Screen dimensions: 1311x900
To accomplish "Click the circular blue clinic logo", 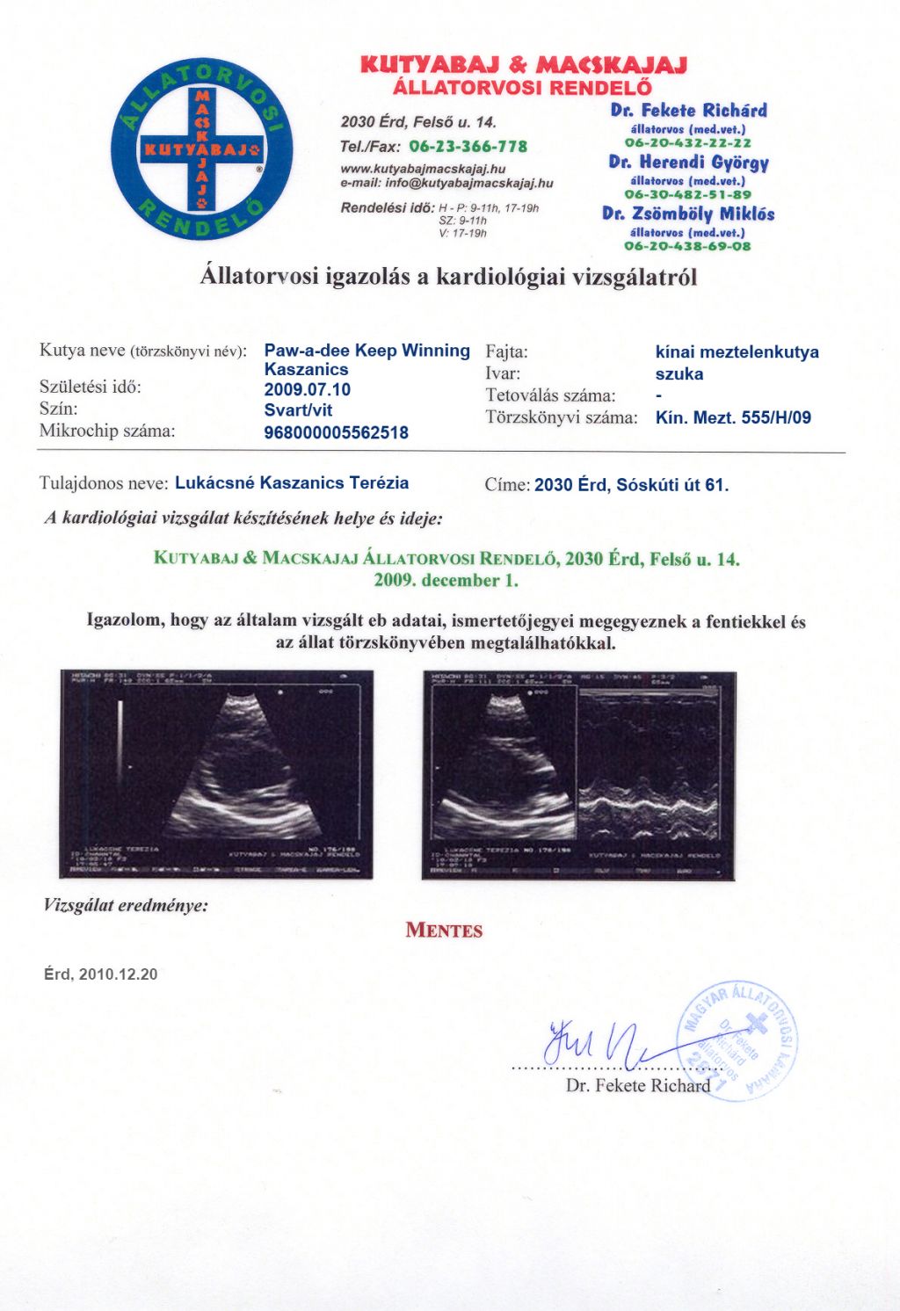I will point(201,150).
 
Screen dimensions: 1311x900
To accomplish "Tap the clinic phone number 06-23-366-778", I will point(468,146).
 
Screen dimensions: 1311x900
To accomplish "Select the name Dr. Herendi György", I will point(688,163).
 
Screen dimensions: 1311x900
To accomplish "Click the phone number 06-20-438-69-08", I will point(688,246).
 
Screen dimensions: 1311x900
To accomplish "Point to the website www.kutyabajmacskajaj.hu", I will point(423,168).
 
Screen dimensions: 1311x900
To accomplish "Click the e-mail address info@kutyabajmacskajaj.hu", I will point(469,183).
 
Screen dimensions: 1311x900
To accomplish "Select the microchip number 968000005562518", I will point(336,432).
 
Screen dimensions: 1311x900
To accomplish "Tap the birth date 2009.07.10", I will point(307,389).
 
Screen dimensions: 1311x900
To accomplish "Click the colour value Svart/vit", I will point(298,409).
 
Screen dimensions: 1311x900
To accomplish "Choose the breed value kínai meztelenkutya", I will point(737,352).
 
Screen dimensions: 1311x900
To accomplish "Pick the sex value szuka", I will point(679,373).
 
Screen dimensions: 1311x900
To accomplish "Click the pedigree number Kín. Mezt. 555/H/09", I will point(733,417).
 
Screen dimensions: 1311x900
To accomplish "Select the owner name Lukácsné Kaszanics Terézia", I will point(292,482).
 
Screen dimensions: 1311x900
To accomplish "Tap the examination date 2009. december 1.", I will point(446,580).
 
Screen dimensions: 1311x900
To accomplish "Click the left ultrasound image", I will point(216,773).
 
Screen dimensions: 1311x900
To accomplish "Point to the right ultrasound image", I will point(578,775).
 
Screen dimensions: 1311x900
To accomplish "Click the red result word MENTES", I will point(444,931).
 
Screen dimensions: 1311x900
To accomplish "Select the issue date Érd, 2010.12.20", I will point(101,974).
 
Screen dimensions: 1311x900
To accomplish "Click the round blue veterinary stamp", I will point(739,1040).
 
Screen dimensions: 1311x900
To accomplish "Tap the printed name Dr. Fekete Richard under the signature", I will point(637,1085).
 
